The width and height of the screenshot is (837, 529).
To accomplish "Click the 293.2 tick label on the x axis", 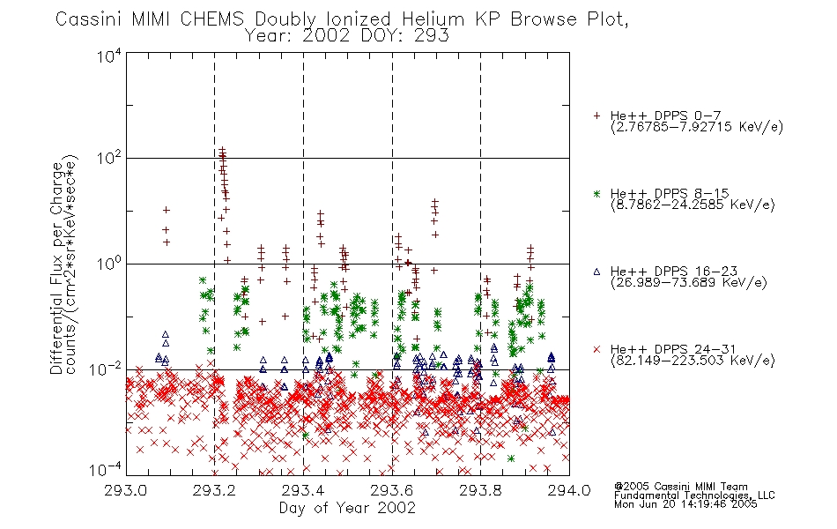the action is [x=214, y=490].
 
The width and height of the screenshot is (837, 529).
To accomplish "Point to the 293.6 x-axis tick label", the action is [x=392, y=490].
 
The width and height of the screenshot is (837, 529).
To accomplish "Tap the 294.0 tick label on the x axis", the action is [x=569, y=490].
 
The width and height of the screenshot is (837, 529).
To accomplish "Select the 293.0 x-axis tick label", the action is [x=125, y=490].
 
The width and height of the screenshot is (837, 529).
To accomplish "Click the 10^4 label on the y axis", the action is [x=110, y=56].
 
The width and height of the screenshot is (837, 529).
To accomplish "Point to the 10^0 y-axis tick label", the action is [x=110, y=264].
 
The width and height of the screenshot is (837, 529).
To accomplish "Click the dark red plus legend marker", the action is [x=596, y=115].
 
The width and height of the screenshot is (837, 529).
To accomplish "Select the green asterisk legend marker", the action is [x=596, y=193].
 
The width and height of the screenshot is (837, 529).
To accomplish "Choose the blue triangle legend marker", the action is [x=596, y=272].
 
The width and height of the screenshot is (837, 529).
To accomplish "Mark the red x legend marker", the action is [x=596, y=349].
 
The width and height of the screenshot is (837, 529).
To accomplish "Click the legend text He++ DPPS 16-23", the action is [x=674, y=272].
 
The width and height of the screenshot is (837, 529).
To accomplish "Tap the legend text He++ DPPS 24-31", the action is [x=674, y=349].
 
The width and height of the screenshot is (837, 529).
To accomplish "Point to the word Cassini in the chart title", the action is [x=90, y=19].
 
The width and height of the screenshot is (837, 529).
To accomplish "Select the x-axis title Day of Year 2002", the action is [x=347, y=508].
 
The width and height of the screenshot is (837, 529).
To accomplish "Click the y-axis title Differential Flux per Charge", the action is [x=56, y=268].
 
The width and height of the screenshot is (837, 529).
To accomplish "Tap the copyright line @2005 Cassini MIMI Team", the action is [x=680, y=487].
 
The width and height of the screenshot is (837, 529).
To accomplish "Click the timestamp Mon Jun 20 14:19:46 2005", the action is [x=685, y=504].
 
